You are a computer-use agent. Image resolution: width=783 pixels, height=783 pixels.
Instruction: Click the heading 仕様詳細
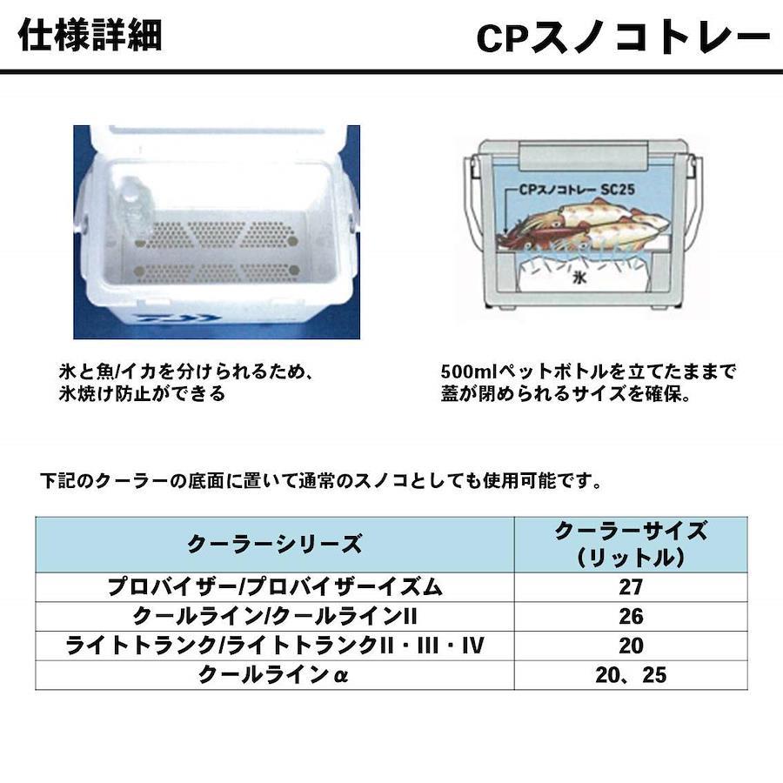(x=90, y=35)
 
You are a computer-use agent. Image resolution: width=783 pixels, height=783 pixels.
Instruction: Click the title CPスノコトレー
(x=624, y=38)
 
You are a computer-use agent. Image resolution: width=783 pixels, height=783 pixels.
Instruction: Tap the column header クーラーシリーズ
(x=274, y=544)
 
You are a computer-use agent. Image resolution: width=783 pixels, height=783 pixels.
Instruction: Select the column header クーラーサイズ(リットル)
(x=631, y=544)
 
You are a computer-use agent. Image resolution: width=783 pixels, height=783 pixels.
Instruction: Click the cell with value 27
(x=631, y=586)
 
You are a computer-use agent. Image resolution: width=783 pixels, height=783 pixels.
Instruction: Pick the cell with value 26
(x=631, y=616)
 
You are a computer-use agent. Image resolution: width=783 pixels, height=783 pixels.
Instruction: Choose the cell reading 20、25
(x=631, y=675)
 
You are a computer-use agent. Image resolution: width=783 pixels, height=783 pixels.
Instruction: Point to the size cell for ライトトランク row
(x=631, y=646)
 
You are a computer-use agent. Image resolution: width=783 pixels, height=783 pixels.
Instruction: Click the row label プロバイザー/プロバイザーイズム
(x=275, y=586)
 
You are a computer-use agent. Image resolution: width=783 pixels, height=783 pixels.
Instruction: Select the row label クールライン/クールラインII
(x=275, y=616)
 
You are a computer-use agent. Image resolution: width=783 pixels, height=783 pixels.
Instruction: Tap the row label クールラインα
(x=274, y=675)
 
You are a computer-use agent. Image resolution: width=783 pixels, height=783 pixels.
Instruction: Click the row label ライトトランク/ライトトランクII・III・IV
(x=275, y=646)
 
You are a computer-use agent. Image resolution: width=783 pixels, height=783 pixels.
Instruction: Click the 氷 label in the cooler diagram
(x=579, y=278)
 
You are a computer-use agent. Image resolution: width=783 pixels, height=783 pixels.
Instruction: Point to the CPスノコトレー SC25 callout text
(x=577, y=190)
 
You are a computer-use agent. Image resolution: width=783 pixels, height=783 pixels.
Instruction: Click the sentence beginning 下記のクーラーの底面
(x=322, y=481)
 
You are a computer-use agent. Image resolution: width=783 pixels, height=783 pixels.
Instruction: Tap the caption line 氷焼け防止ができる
(x=143, y=394)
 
